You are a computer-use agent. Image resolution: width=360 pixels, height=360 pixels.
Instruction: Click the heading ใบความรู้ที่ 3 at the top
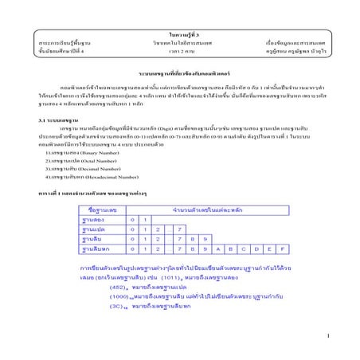point(180,27)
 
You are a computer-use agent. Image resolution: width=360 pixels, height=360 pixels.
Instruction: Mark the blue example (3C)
point(119,306)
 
